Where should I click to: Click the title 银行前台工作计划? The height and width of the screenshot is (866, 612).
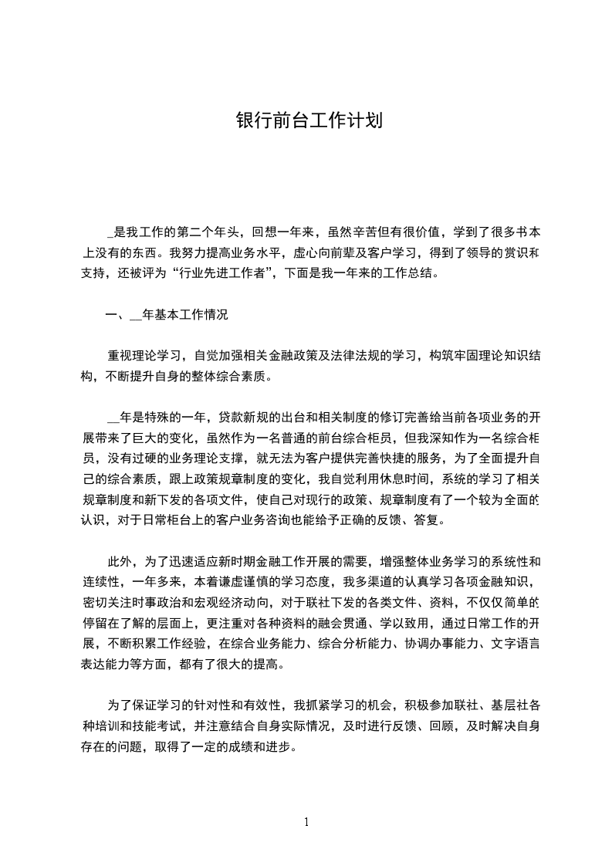pyautogui.click(x=309, y=121)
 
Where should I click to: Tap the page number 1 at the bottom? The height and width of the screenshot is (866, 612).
pyautogui.click(x=306, y=821)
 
